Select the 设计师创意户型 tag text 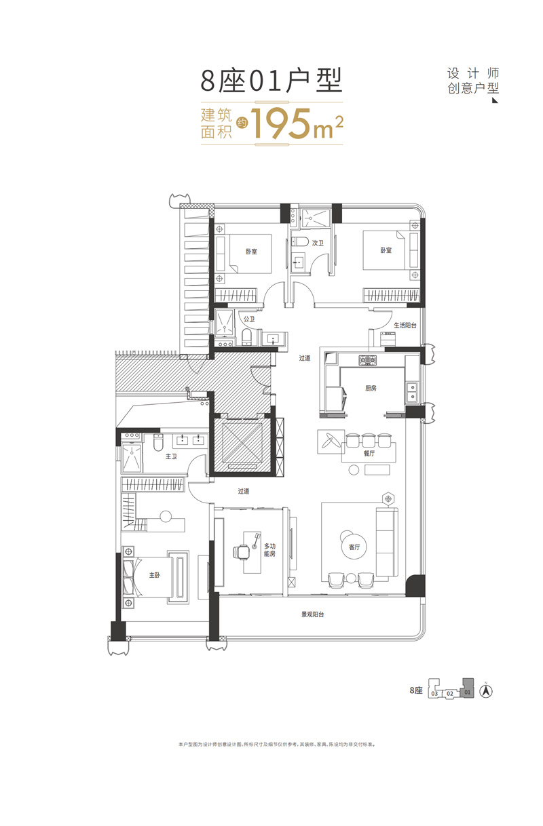(x=473, y=81)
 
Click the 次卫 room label (x=316, y=242)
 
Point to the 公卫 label (x=248, y=319)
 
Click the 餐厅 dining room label (x=369, y=453)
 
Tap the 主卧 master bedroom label (x=155, y=575)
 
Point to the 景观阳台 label (x=313, y=615)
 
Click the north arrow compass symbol (x=486, y=692)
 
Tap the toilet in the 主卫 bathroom (x=157, y=443)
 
